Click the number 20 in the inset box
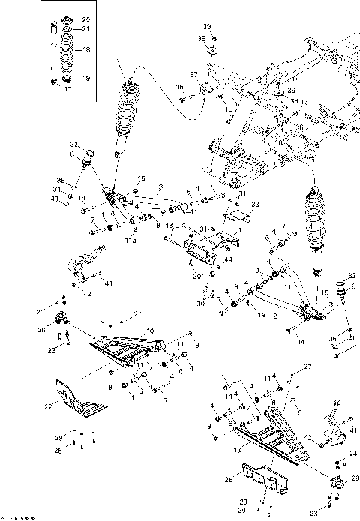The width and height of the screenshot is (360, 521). click(x=85, y=18)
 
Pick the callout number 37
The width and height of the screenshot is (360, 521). click(x=193, y=76)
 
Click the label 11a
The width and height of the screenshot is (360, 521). click(x=130, y=241)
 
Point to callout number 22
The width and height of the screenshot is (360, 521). click(x=48, y=406)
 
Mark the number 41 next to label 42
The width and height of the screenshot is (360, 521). click(x=109, y=283)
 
